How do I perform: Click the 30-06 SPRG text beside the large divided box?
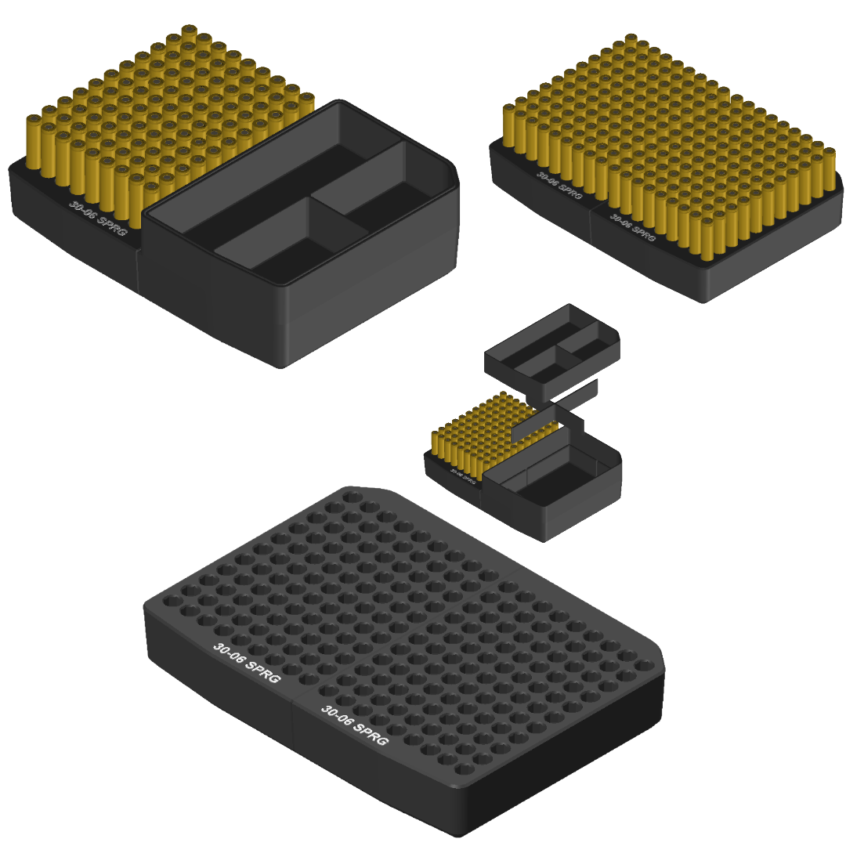(x=97, y=215)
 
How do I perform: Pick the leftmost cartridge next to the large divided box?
(x=34, y=141)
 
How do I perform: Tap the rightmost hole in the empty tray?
(x=645, y=666)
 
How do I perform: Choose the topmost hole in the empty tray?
(x=352, y=497)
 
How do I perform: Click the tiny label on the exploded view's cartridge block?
(x=462, y=475)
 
